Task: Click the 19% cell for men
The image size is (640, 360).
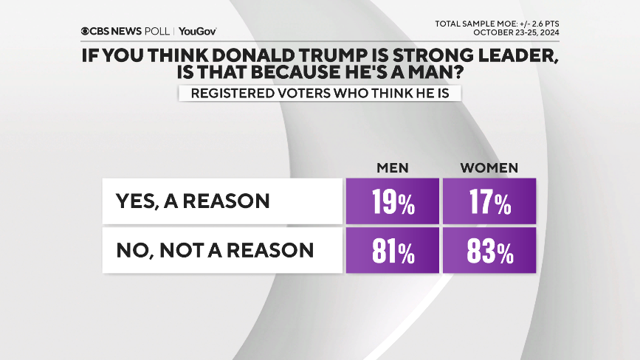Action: (x=393, y=201)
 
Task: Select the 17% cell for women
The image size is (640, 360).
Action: (x=489, y=201)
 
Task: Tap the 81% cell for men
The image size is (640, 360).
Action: (x=393, y=250)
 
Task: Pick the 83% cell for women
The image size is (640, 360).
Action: (x=489, y=250)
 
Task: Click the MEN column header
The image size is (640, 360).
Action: (x=393, y=167)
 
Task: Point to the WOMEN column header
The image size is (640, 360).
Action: (x=489, y=167)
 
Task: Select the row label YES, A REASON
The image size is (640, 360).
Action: (x=193, y=201)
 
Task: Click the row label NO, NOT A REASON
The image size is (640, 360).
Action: (x=215, y=250)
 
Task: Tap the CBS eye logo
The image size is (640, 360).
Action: (x=86, y=32)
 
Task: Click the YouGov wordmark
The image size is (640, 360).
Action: (x=198, y=32)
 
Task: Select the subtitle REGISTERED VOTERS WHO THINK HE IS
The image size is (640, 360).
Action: (x=319, y=93)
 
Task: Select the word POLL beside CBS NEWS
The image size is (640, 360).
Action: (x=156, y=32)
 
